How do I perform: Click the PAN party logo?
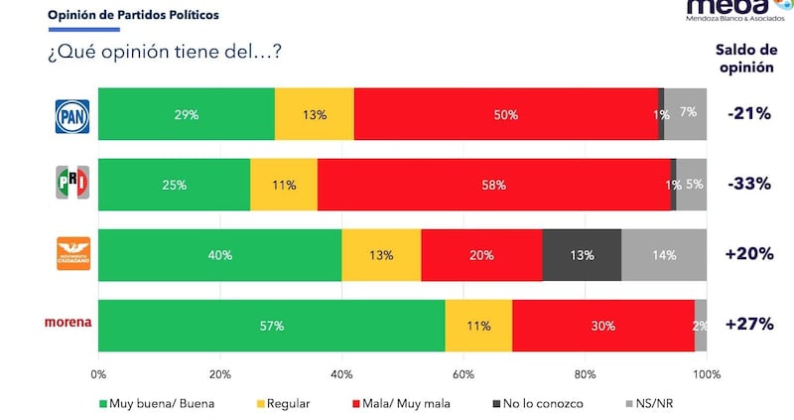point(71,116)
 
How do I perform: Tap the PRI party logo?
point(71,184)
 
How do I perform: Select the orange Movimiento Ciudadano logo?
point(71,254)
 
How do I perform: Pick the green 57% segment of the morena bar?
point(271,326)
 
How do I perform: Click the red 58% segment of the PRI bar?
point(493,185)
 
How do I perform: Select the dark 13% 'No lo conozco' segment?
point(582,255)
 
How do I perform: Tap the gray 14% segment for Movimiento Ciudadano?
point(663,255)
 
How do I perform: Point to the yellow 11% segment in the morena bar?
point(478,326)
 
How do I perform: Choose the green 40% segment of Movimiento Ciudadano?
point(219,255)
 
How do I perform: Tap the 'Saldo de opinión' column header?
point(747,61)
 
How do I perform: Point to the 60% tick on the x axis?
point(463,374)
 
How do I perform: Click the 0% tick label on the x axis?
point(98,374)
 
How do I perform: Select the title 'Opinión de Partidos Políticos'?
point(134,16)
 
